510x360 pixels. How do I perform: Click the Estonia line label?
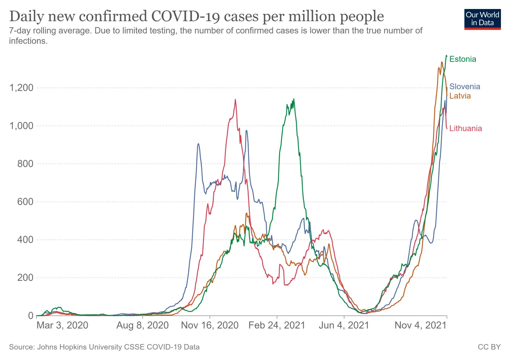point(462,59)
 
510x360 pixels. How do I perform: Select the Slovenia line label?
point(465,86)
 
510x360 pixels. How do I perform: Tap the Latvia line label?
point(460,96)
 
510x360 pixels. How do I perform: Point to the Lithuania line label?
point(465,129)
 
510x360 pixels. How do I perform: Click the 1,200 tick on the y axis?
point(21,88)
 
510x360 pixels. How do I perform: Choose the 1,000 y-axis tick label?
point(21,126)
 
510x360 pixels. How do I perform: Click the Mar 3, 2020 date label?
point(62,325)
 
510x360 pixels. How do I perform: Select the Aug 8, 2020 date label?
point(143,325)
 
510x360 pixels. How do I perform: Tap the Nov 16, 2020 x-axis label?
point(209,325)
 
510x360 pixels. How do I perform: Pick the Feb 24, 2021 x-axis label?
point(277,325)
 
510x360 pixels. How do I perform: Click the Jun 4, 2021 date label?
point(344,325)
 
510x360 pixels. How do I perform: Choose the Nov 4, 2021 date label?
point(420,325)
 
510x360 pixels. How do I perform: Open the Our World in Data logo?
point(482,19)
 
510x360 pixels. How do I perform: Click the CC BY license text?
point(489,347)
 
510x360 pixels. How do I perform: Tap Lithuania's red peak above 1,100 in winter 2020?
point(235,100)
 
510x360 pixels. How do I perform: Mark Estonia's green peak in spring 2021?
point(294,99)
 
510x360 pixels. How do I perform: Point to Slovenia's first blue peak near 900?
point(198,144)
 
